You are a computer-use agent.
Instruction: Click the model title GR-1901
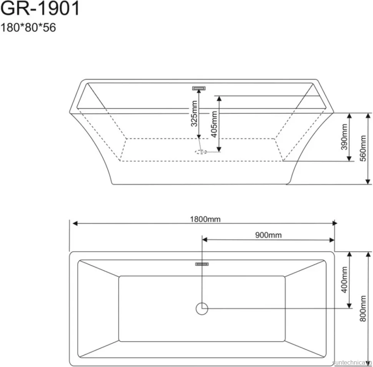(x=40, y=9)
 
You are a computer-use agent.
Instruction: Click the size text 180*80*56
(x=28, y=27)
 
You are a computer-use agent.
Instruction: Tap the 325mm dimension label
(x=194, y=113)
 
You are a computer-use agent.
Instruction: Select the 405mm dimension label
(x=214, y=124)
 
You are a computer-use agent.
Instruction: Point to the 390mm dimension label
(x=344, y=137)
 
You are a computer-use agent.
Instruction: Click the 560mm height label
(x=363, y=148)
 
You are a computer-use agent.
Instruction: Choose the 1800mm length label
(x=205, y=219)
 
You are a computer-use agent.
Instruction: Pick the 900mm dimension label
(x=268, y=235)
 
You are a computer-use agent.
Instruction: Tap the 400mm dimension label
(x=344, y=279)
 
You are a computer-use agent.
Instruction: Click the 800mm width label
(x=363, y=309)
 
